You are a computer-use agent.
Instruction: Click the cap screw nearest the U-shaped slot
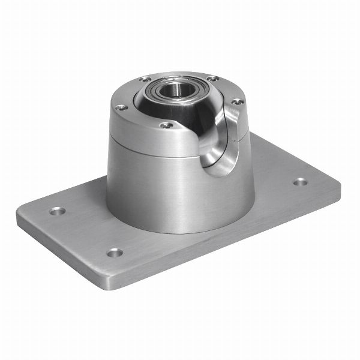point(237,102)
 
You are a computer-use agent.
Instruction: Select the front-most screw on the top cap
point(167,125)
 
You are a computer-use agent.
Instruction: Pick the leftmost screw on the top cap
point(121,108)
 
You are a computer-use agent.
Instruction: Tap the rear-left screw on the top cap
point(145,79)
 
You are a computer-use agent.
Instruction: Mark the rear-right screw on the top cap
point(212,78)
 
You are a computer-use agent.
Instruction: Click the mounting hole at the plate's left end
point(57,211)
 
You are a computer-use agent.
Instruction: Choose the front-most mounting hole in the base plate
point(115,253)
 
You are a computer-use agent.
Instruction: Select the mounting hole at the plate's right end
point(300,182)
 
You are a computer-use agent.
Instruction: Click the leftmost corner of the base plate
point(18,217)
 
